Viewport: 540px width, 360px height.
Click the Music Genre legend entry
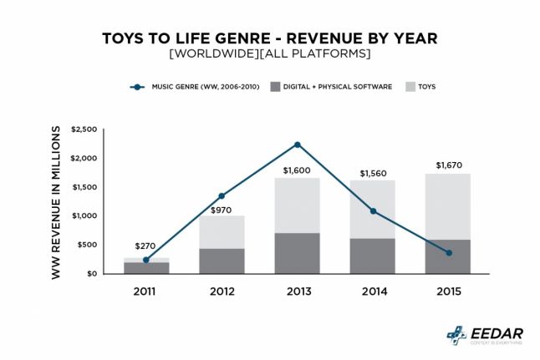click(x=192, y=86)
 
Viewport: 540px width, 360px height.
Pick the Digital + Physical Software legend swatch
click(x=276, y=86)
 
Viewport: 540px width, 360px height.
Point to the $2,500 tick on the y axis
click(x=84, y=129)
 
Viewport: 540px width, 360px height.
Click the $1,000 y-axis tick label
click(x=84, y=216)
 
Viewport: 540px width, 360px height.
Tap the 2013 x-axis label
click(x=298, y=292)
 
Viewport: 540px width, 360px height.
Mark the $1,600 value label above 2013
click(x=298, y=170)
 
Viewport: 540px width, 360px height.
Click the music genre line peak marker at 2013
click(x=298, y=145)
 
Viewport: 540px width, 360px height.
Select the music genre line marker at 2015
click(x=450, y=253)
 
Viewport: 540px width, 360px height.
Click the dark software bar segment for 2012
click(x=222, y=261)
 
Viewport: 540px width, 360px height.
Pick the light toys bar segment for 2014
click(x=373, y=209)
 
